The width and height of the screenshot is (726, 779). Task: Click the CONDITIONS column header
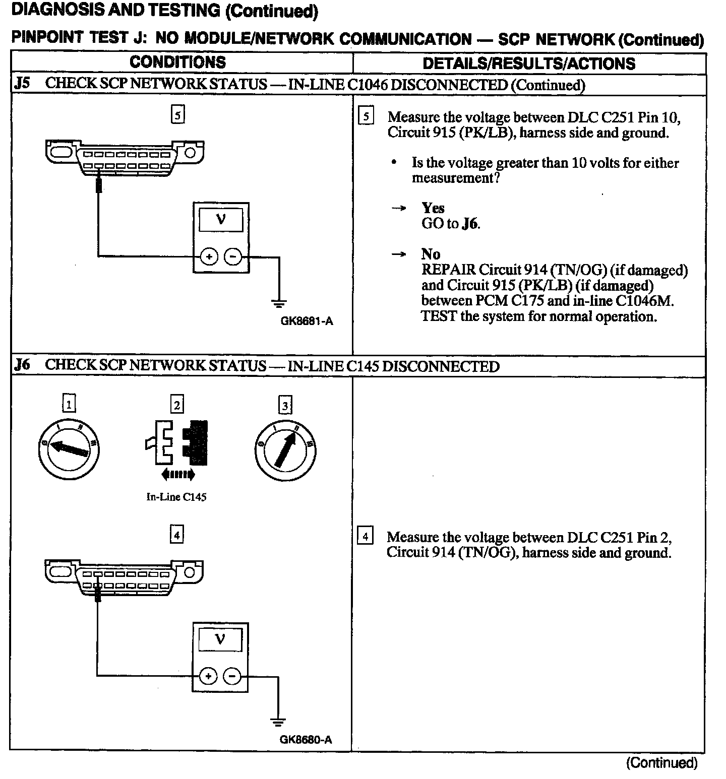177,62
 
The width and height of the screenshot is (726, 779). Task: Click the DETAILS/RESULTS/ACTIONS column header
529,63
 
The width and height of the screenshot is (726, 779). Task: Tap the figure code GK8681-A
307,321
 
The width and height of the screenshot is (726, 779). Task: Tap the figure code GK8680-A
306,740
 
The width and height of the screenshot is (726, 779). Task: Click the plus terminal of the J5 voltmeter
209,257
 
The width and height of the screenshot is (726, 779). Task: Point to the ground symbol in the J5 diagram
279,303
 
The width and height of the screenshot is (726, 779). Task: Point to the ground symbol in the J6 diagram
278,722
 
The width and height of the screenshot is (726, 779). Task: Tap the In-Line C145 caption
176,497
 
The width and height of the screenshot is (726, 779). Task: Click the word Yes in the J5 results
433,208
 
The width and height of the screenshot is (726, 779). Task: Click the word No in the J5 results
431,254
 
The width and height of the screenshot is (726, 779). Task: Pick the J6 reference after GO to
469,224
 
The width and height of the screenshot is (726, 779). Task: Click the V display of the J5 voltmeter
221,219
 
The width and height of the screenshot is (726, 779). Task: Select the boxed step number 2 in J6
177,404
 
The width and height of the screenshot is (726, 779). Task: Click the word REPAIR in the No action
448,270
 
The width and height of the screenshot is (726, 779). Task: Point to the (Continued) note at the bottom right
661,763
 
